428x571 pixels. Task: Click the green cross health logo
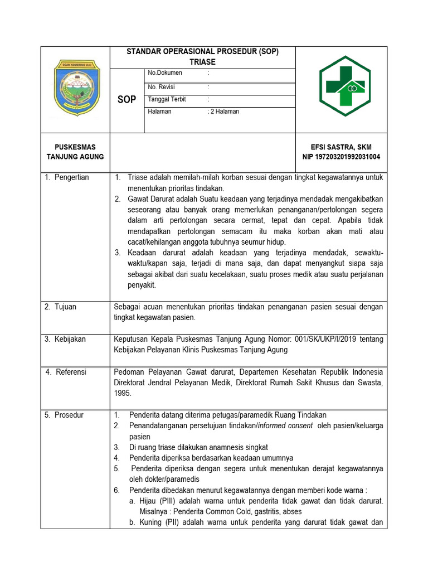(344, 86)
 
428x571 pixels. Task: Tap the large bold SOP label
(127, 100)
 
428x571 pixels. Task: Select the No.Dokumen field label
(165, 72)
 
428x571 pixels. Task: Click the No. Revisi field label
(162, 87)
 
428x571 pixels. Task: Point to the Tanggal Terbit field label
(167, 99)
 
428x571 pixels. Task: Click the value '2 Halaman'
(225, 112)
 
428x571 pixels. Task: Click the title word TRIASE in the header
(202, 62)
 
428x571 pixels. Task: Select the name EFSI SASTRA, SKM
(341, 147)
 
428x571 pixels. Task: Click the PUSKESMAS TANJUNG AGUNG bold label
(75, 152)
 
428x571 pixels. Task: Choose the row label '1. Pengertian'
(67, 177)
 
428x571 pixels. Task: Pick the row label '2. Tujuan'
(61, 307)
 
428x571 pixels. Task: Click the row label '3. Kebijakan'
(66, 339)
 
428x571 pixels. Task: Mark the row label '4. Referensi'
(66, 372)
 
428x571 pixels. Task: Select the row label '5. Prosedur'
(65, 415)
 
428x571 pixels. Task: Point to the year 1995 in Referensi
(123, 393)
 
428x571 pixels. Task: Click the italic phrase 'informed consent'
(284, 426)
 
